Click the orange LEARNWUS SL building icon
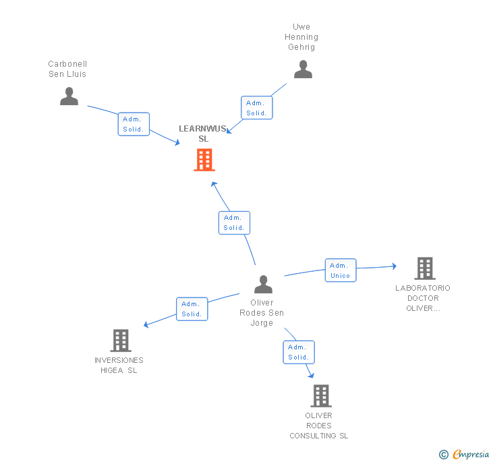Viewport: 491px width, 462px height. (204, 160)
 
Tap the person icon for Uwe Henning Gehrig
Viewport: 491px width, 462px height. (303, 69)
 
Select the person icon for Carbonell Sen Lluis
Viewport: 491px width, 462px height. (69, 96)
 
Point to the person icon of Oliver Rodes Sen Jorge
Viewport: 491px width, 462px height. (263, 285)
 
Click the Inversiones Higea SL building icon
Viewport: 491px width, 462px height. (120, 341)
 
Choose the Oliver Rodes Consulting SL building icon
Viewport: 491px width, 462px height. (321, 396)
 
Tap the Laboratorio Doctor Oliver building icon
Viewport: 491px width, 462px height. (424, 268)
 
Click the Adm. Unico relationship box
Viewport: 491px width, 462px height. (341, 270)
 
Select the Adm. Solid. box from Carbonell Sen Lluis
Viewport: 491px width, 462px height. (134, 124)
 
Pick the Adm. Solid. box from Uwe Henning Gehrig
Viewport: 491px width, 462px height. (256, 108)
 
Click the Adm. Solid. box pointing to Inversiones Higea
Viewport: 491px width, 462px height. (192, 309)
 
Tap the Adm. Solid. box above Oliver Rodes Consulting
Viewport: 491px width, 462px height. (298, 352)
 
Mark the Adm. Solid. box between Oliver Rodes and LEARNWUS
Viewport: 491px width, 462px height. (234, 223)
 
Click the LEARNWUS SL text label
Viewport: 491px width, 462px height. (203, 134)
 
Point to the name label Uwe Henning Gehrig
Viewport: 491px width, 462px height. (301, 37)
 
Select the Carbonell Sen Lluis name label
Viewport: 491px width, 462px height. (67, 69)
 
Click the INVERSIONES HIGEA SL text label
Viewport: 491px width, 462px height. (119, 365)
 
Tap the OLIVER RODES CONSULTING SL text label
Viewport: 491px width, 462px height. (319, 426)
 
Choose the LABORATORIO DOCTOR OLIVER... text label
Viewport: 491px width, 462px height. (423, 298)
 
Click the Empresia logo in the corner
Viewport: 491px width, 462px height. (465, 454)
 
